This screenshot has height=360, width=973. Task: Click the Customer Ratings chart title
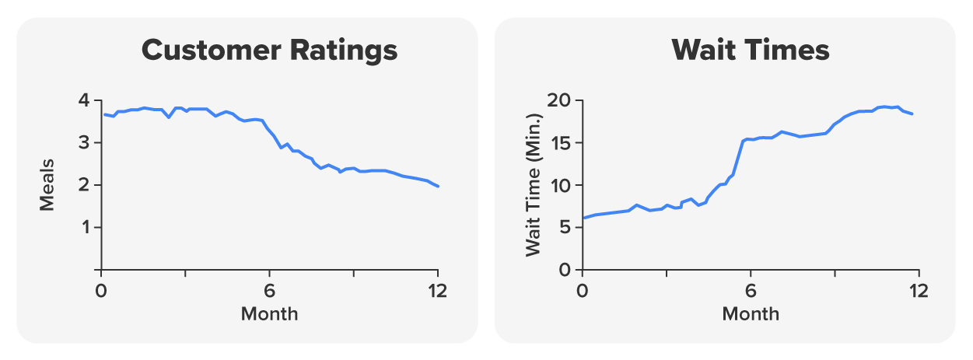point(269,51)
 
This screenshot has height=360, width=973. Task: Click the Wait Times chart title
point(751,51)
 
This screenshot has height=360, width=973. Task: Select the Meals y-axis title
point(47,185)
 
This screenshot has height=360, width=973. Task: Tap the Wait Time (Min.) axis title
point(533,185)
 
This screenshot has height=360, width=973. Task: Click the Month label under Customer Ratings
point(269,314)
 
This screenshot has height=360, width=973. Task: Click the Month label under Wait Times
point(751,314)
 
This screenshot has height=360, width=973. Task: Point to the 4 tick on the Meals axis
point(84,101)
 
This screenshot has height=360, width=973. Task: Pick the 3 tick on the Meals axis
point(84,143)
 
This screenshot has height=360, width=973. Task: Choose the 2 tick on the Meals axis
point(84,185)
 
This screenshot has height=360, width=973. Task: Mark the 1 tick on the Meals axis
point(84,227)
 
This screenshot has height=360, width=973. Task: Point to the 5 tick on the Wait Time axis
point(565,227)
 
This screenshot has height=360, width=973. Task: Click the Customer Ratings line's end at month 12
point(438,187)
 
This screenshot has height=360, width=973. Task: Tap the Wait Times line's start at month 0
point(583,218)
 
